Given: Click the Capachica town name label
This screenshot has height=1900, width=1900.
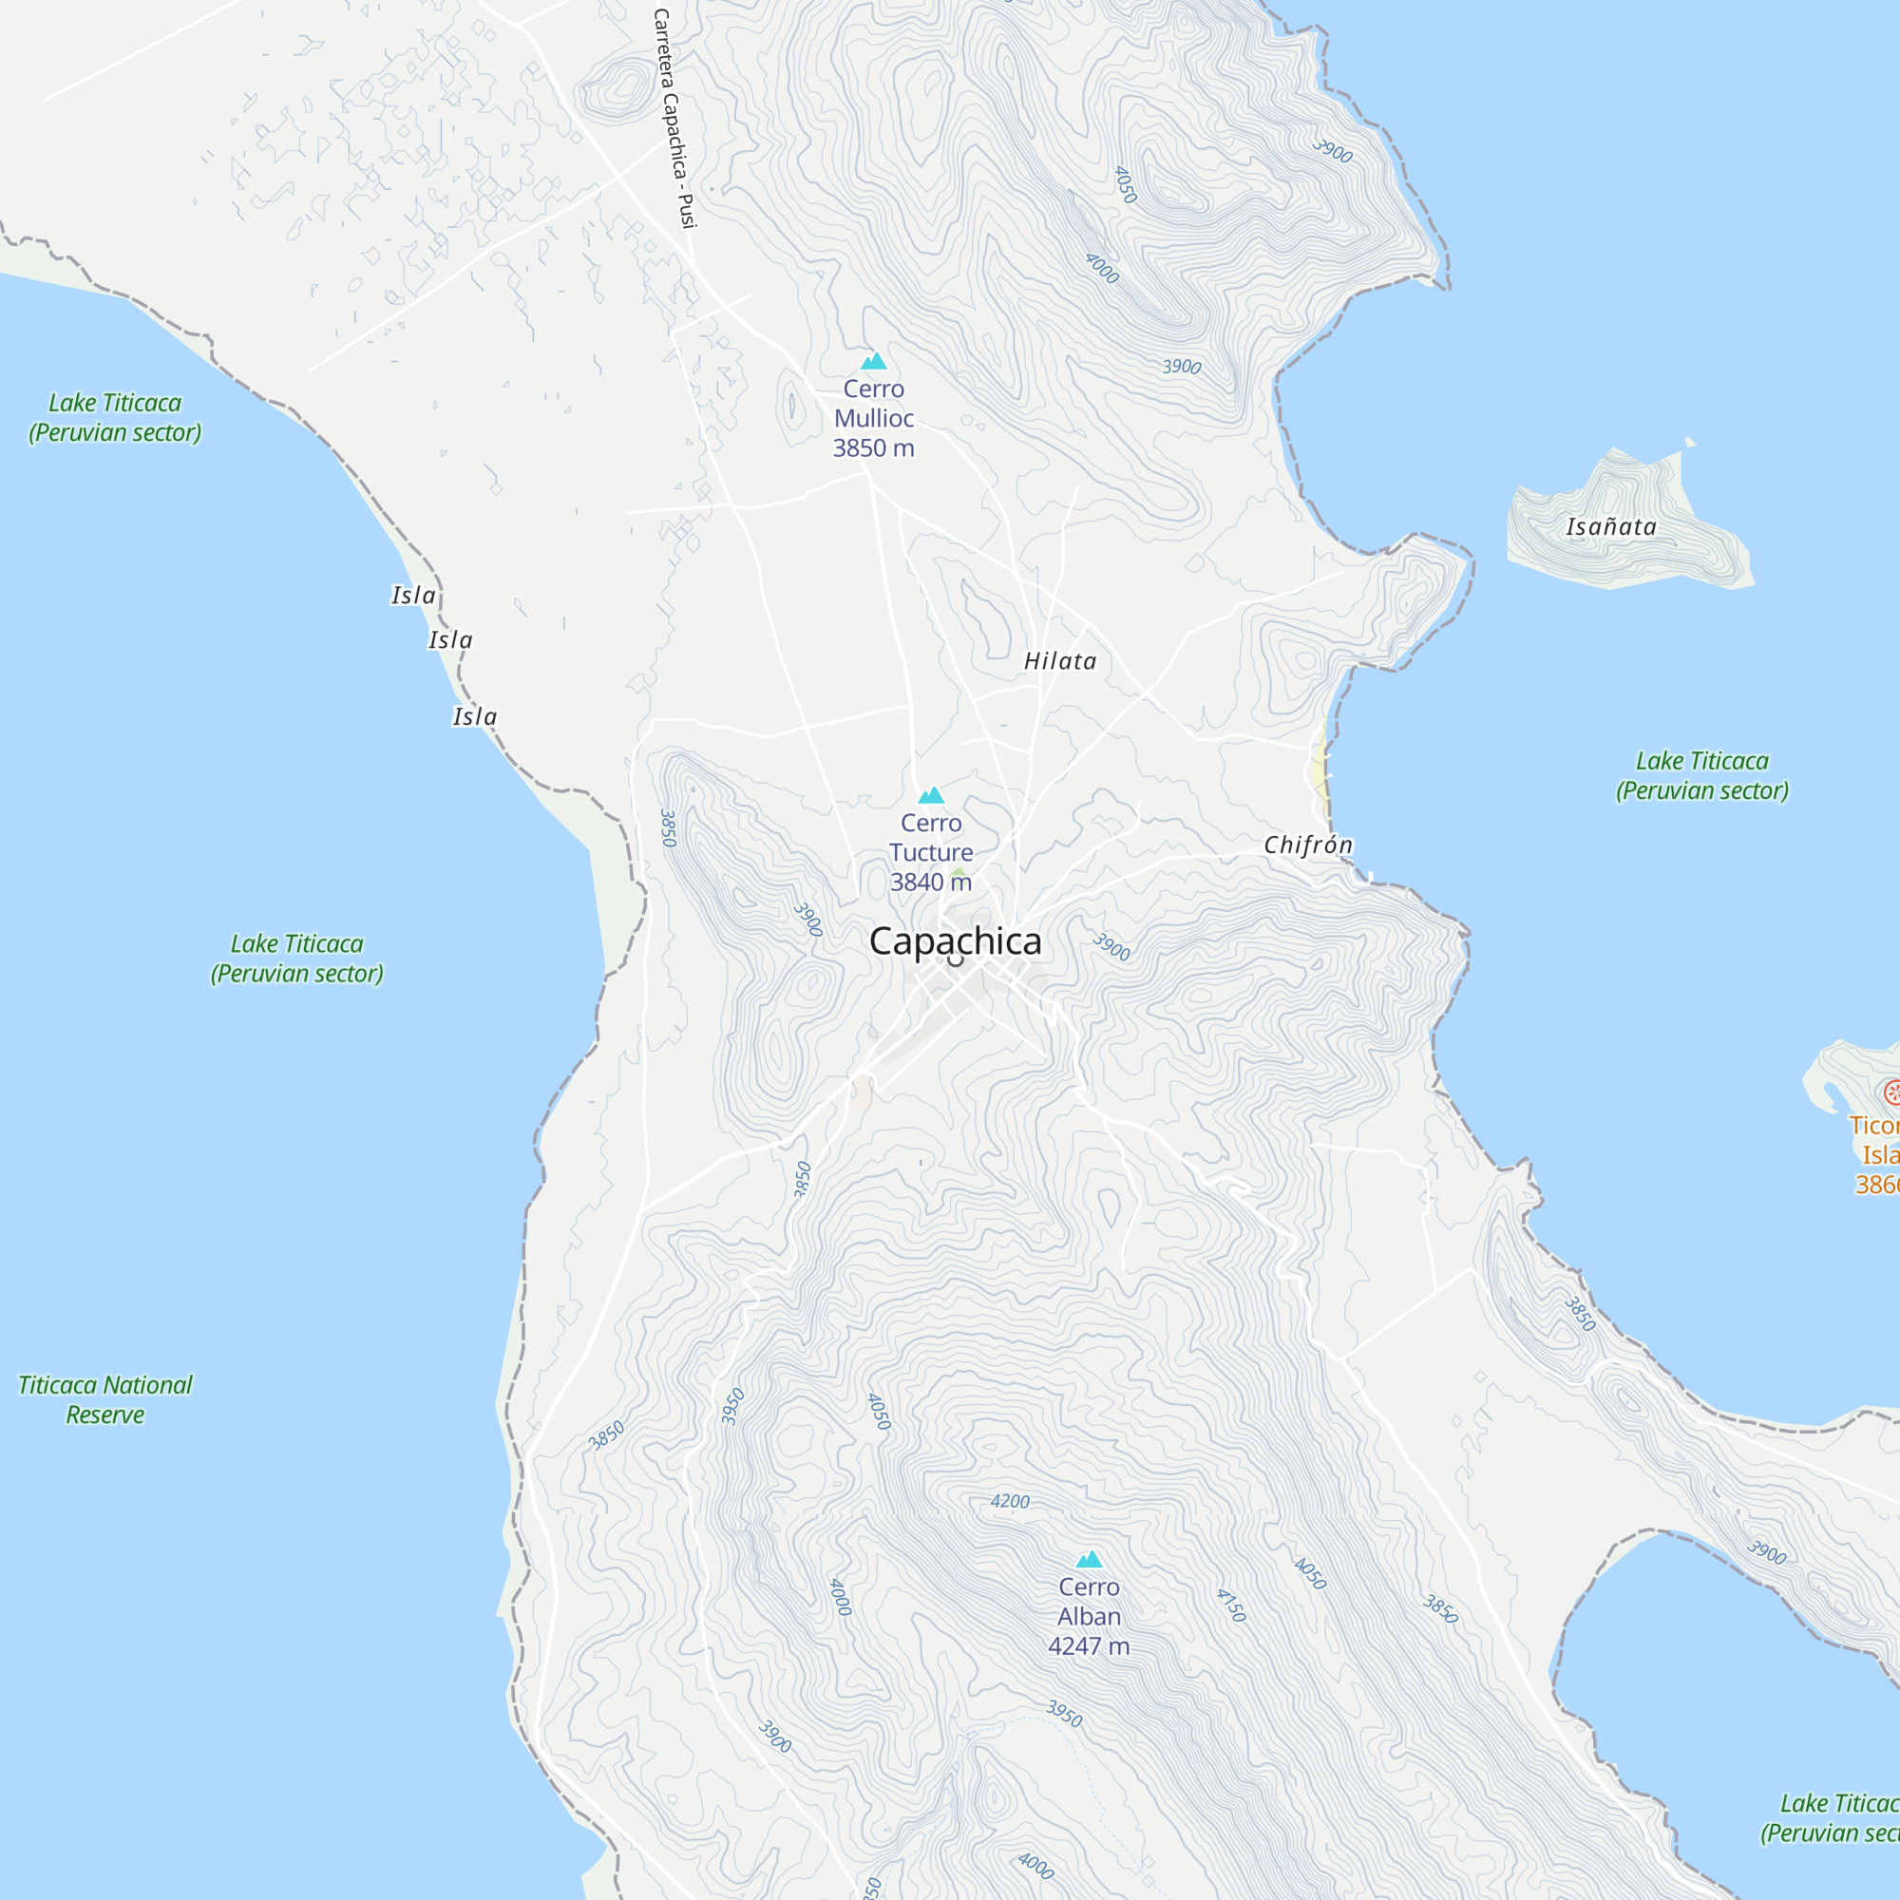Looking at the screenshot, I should [x=955, y=941].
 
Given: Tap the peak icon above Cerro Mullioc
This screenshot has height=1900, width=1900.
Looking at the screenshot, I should [x=873, y=361].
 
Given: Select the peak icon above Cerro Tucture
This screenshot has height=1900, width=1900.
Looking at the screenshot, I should [x=930, y=794].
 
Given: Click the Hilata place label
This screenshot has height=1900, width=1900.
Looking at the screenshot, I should [x=1060, y=661].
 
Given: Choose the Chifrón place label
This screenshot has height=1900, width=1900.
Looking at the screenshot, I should [x=1308, y=845].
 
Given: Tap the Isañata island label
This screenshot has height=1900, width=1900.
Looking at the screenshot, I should [x=1611, y=527].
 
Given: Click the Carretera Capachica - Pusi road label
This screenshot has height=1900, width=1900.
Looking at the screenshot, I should [x=674, y=118].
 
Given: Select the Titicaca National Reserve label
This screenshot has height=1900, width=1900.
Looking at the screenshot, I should [x=105, y=1399].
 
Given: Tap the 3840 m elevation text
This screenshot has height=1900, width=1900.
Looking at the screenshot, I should [x=930, y=883].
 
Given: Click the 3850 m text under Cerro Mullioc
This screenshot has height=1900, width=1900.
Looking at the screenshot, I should [x=873, y=448].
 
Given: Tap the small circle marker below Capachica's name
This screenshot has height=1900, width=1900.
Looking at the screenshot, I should [x=955, y=960].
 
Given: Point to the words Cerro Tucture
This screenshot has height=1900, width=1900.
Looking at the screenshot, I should [x=930, y=838].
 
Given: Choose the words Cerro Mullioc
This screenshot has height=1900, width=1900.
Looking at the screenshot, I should [x=873, y=403].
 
